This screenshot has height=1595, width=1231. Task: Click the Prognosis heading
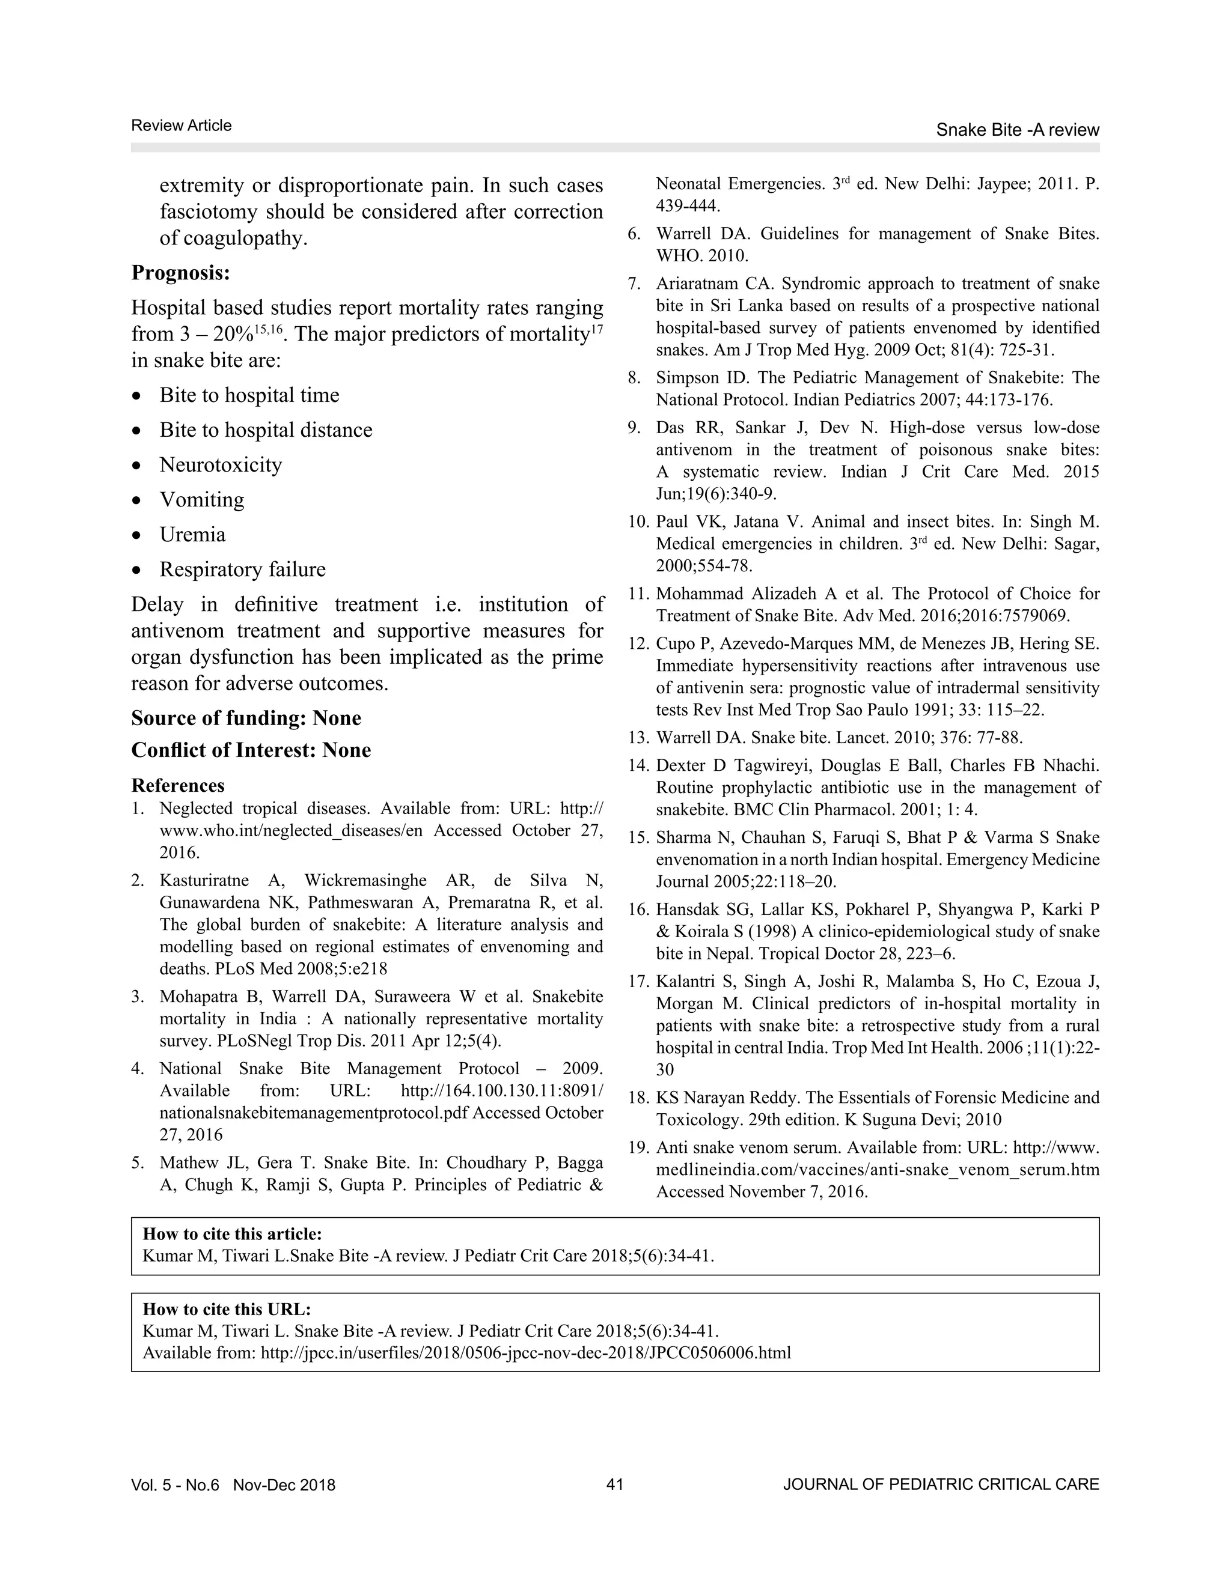[x=180, y=273]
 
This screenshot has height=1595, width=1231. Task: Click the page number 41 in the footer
[x=614, y=1484]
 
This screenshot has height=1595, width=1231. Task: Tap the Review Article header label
[x=181, y=126]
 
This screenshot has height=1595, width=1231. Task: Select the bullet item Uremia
[x=193, y=535]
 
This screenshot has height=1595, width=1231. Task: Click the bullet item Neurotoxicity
[x=221, y=464]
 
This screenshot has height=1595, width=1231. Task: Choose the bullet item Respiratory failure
[x=243, y=570]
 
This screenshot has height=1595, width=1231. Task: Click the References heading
[x=177, y=785]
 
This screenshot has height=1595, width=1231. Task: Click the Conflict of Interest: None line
[x=251, y=750]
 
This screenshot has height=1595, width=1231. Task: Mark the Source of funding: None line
[x=246, y=718]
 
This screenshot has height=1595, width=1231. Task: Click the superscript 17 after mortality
[x=597, y=329]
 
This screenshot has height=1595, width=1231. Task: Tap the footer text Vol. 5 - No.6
[x=176, y=1484]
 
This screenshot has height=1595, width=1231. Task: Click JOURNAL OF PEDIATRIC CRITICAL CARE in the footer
[x=940, y=1484]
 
